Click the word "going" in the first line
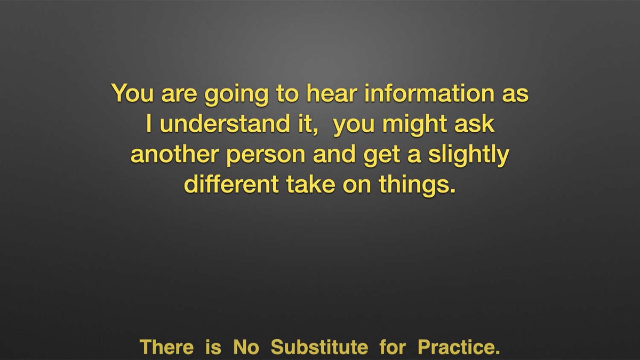coord(236,95)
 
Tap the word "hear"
coord(332,93)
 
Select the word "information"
coord(429,93)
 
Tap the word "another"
coord(175,154)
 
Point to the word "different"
coord(231,185)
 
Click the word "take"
coord(311,185)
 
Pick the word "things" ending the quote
coord(414,186)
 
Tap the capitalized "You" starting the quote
coord(133,93)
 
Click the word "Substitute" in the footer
coord(319,347)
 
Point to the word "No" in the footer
coord(246,347)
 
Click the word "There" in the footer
coord(166,347)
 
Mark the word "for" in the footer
coord(393,347)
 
